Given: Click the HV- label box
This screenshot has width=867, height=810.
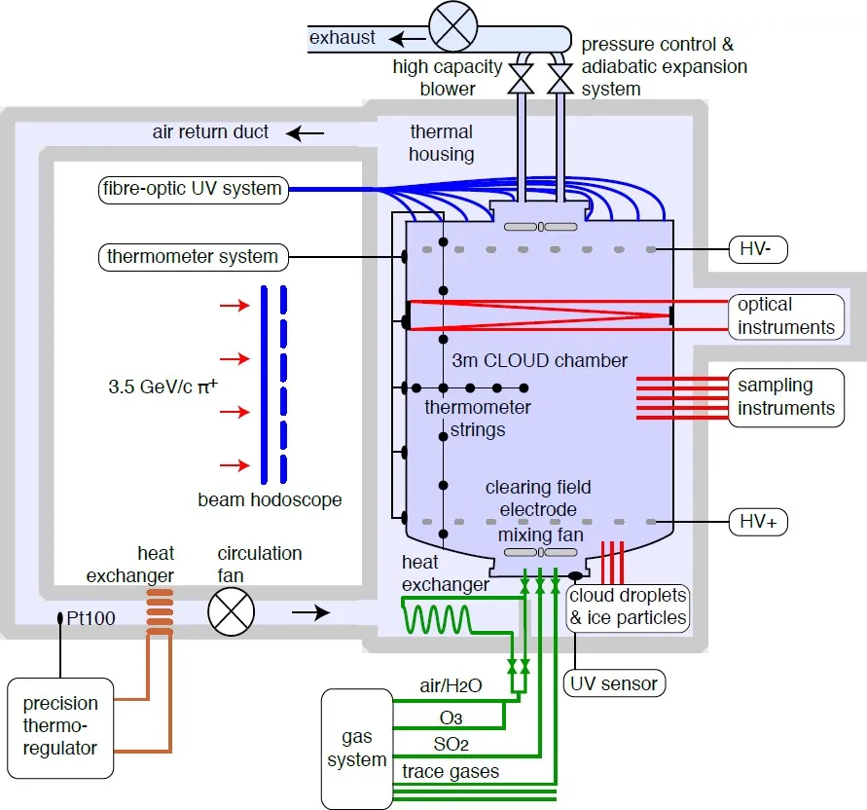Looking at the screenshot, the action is pos(758,249).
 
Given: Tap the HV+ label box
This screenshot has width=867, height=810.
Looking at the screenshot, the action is pos(758,522).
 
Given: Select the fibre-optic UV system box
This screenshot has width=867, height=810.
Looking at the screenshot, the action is pos(194,189).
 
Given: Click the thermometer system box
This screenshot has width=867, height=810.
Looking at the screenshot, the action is pos(194,257).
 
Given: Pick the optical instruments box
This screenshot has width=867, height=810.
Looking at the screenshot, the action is pos(786,316).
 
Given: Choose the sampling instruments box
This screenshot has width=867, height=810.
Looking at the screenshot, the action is pos(786,397).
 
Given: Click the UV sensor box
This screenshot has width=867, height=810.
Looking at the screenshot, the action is pos(614,683).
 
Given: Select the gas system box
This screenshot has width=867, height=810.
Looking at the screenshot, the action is pos(357,749).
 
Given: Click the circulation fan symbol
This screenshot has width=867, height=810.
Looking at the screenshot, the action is pos(232,612).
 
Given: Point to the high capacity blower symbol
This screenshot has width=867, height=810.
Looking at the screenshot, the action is pos(452,26).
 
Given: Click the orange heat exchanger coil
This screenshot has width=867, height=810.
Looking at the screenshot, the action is pos(160,612).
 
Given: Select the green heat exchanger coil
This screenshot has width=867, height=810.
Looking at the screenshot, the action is pos(437,618).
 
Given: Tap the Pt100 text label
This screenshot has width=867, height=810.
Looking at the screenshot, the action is pos(90,618).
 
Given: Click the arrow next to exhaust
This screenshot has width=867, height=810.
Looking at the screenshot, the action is pos(408,39).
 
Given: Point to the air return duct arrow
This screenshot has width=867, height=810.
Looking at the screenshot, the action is pos(306,133).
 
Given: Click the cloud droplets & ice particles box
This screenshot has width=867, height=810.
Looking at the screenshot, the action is pos(629,607).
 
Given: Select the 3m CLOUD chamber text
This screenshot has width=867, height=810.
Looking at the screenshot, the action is pos(540,361).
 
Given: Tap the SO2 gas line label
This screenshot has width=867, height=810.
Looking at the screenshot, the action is pos(451,745).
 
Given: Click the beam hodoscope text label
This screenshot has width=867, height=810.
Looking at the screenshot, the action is pos(270,499).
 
